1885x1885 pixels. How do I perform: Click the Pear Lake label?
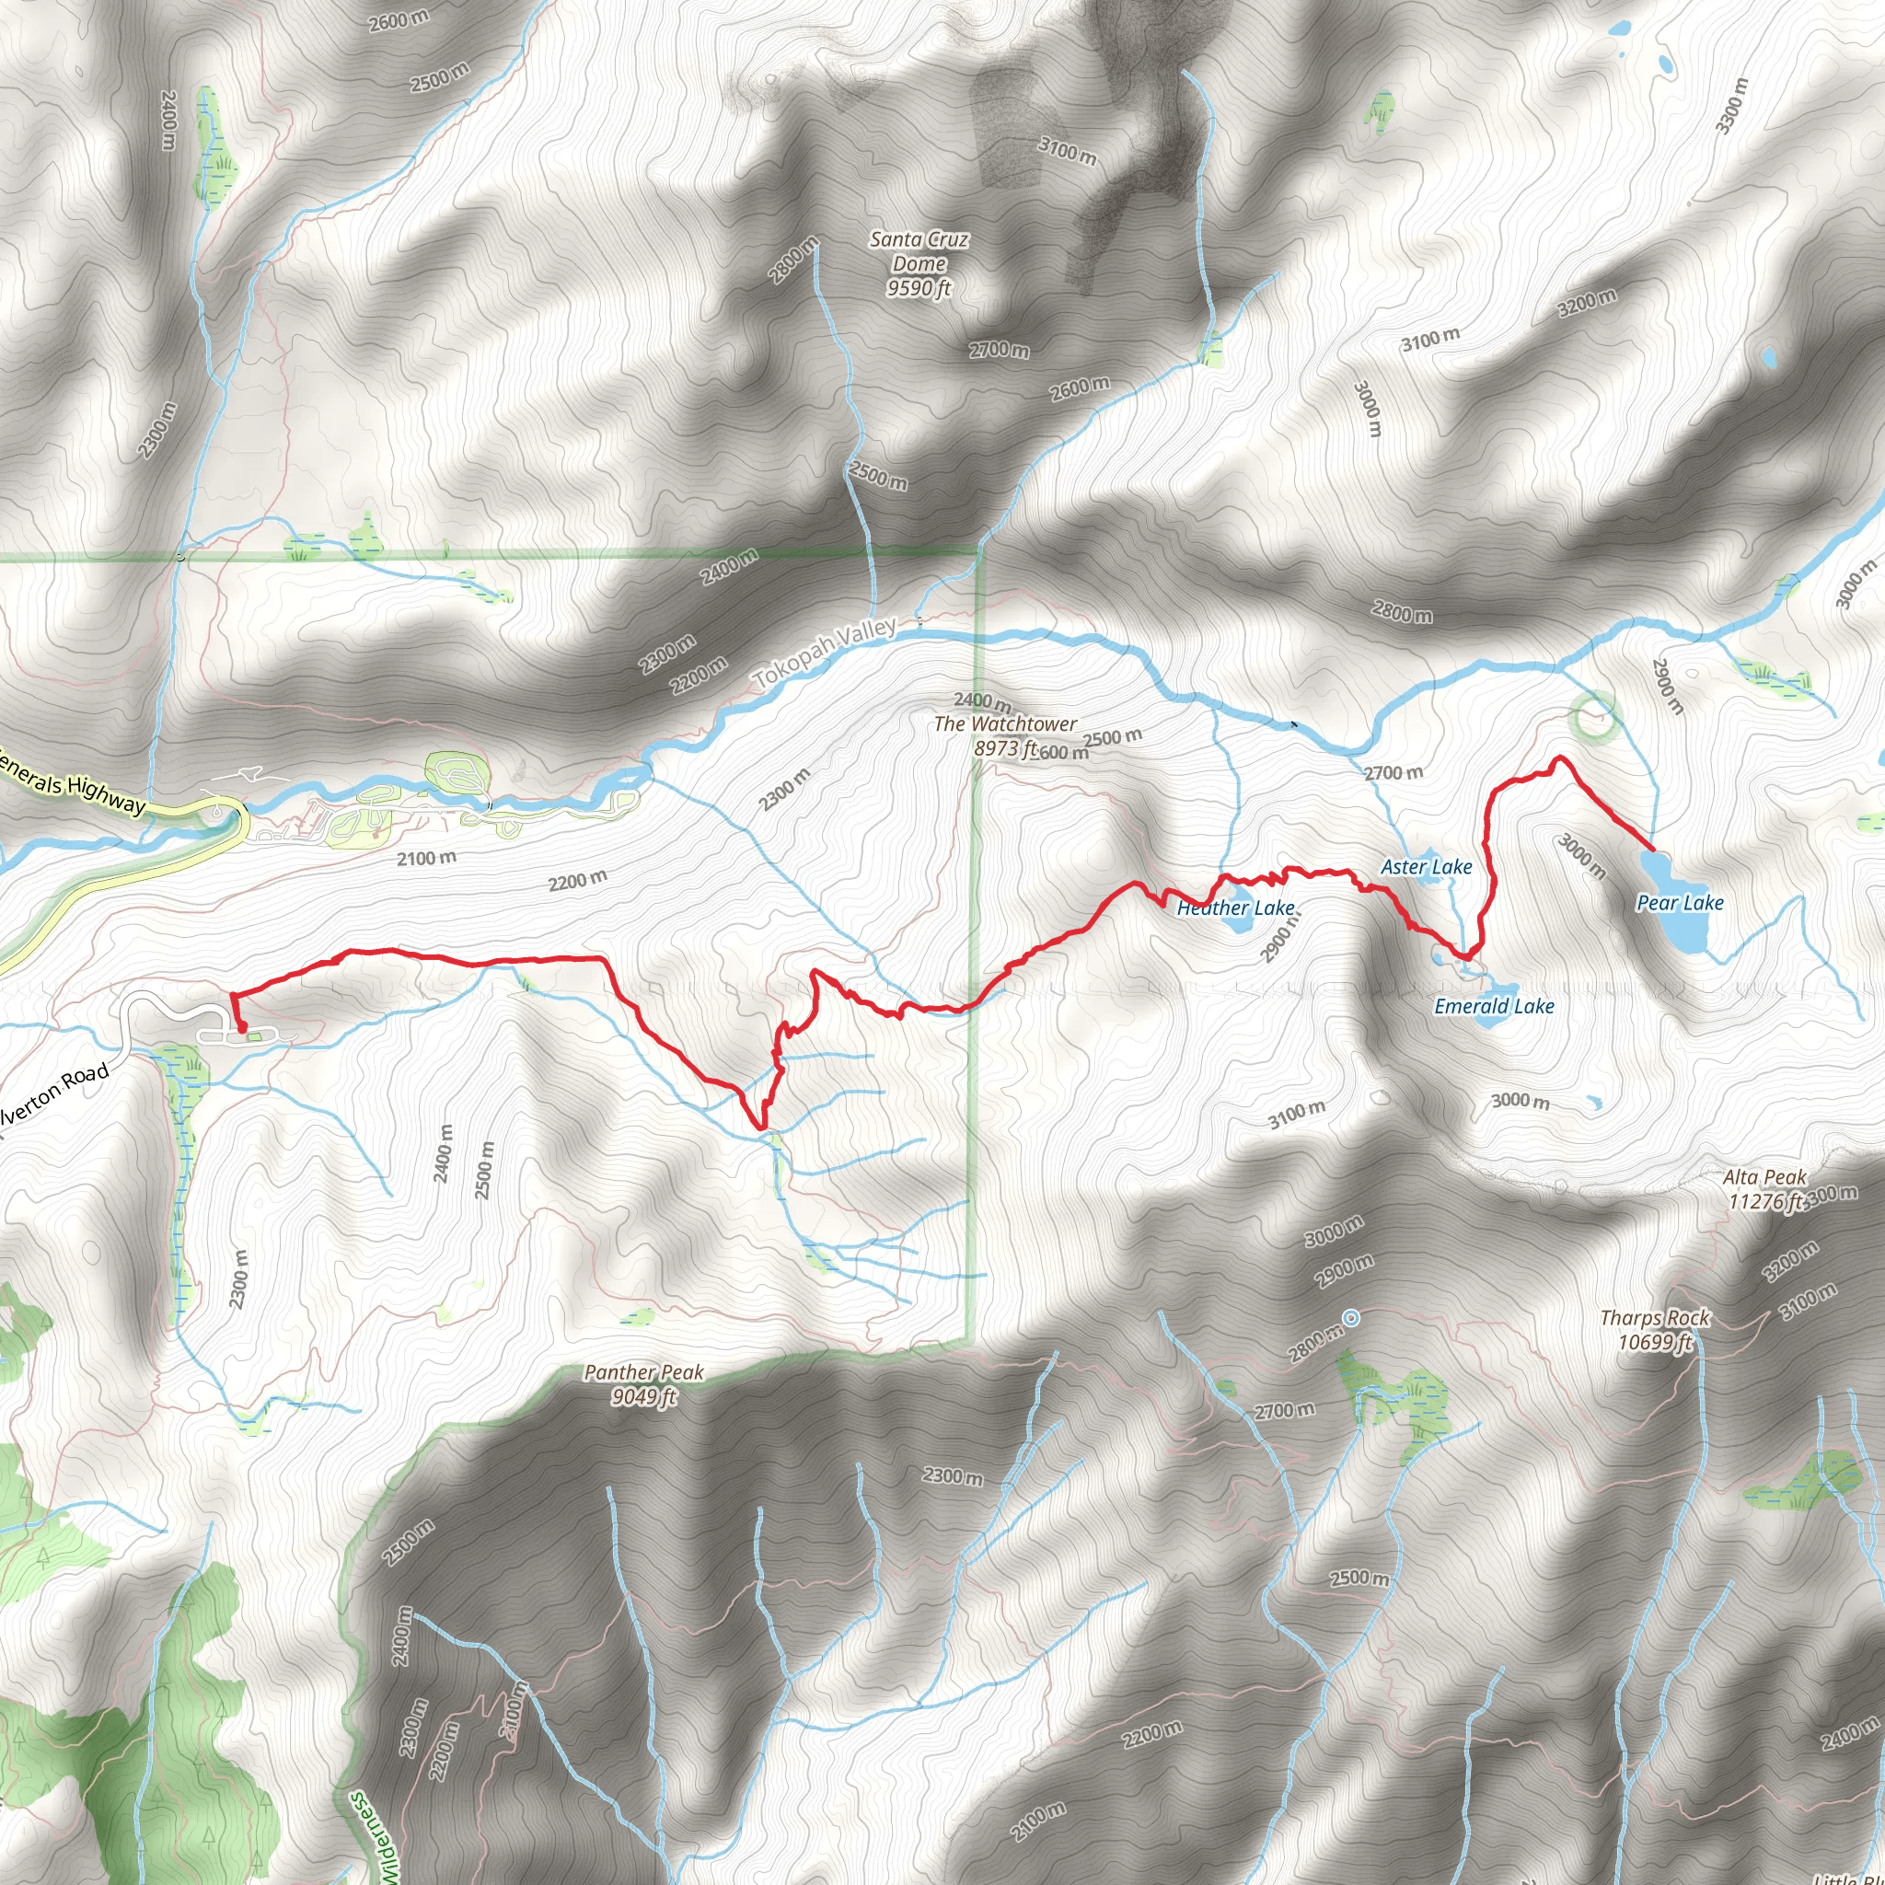[x=1679, y=903]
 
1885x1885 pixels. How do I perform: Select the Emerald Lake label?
[x=1494, y=1006]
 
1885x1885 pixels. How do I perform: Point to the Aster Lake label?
[x=1426, y=866]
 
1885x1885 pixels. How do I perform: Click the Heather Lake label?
[x=1235, y=908]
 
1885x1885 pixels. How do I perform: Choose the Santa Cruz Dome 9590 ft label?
[x=919, y=263]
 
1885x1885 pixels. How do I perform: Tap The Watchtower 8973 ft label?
[x=1005, y=735]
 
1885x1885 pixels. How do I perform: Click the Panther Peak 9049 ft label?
[x=644, y=1384]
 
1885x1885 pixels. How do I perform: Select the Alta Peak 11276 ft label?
[x=1764, y=1189]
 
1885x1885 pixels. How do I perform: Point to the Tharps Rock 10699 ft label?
[x=1655, y=1330]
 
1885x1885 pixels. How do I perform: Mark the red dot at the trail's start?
[x=241, y=1027]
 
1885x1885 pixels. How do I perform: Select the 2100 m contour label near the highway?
[x=426, y=859]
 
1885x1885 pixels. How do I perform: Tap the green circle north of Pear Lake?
[x=1594, y=717]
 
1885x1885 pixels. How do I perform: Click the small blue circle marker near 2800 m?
[x=1351, y=1318]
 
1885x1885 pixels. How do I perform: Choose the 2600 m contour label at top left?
[x=397, y=19]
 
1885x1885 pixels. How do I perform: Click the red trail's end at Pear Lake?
[x=1651, y=850]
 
